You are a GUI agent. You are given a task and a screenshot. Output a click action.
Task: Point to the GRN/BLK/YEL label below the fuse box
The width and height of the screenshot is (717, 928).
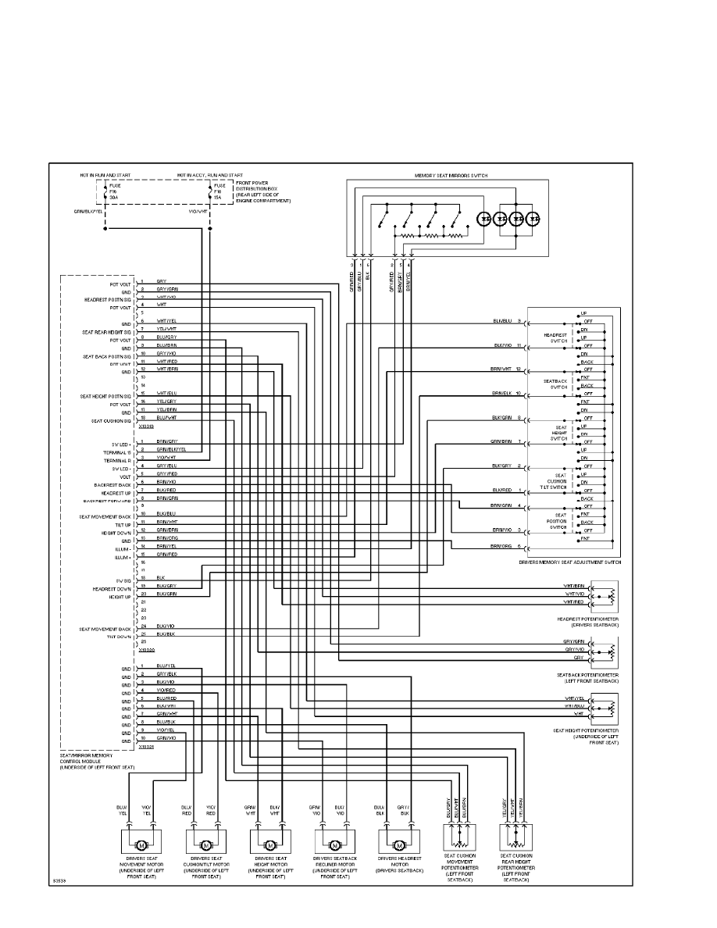88,211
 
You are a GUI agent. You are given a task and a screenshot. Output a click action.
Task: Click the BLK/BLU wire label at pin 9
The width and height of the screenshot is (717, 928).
501,321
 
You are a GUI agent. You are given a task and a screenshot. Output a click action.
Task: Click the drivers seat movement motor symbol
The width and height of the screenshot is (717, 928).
141,845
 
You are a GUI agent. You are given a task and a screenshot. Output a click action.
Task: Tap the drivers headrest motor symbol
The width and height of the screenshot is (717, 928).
398,845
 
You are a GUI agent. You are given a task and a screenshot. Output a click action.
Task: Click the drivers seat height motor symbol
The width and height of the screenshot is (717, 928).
269,845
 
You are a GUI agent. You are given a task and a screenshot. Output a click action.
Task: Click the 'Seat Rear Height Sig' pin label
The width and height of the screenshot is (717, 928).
107,332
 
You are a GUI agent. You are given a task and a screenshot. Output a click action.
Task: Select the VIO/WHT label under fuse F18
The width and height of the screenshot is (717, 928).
198,211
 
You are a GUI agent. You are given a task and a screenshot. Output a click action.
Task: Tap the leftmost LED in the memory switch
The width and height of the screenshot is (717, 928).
484,220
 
